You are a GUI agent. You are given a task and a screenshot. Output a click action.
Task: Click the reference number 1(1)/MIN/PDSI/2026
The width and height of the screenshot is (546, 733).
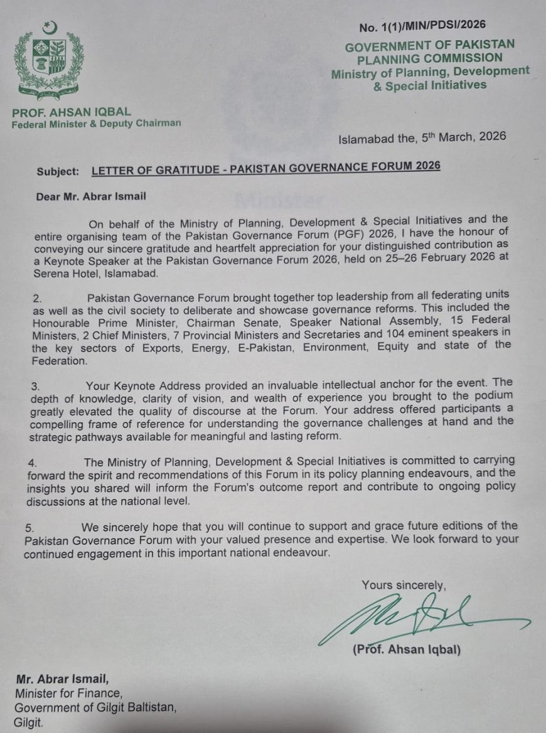click(422, 26)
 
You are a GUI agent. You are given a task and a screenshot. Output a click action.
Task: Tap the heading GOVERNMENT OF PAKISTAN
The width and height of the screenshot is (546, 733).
click(430, 45)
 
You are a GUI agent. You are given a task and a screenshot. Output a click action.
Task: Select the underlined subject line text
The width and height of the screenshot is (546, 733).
click(265, 166)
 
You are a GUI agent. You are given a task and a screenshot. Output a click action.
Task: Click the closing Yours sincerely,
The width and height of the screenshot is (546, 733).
click(404, 586)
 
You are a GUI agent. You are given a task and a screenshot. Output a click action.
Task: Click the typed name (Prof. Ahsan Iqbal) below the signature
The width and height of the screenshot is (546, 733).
click(406, 650)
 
